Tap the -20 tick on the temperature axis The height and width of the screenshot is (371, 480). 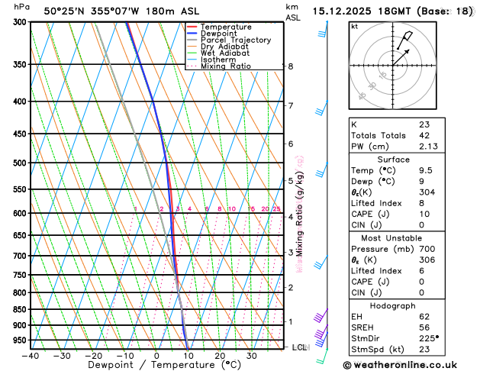pos(93,356)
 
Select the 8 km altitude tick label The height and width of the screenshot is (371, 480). pos(290,66)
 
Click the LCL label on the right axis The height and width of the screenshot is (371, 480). pos(300,347)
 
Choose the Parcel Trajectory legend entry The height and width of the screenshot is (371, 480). pos(235,40)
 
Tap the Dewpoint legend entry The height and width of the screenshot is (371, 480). pos(221,34)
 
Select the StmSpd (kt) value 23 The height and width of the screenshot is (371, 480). pos(424,350)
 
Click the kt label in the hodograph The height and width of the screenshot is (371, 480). pos(354,27)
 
